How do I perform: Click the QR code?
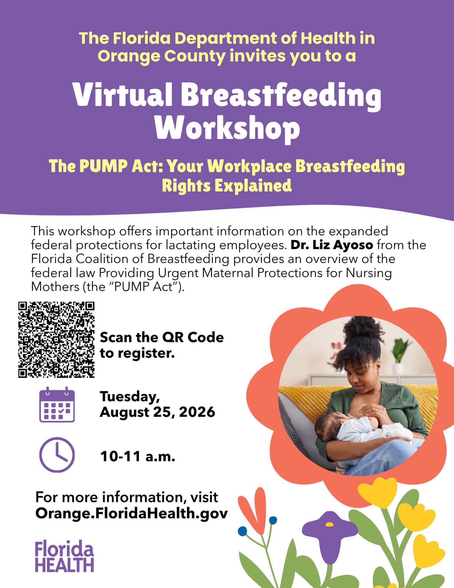[x=56, y=339]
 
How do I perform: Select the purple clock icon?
[x=57, y=455]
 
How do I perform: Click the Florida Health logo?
[x=65, y=557]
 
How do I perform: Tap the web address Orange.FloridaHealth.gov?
[x=132, y=514]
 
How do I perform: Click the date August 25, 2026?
[x=158, y=412]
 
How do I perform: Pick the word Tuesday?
[x=130, y=397]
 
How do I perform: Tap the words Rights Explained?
[x=227, y=185]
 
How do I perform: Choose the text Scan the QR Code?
[x=162, y=337]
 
